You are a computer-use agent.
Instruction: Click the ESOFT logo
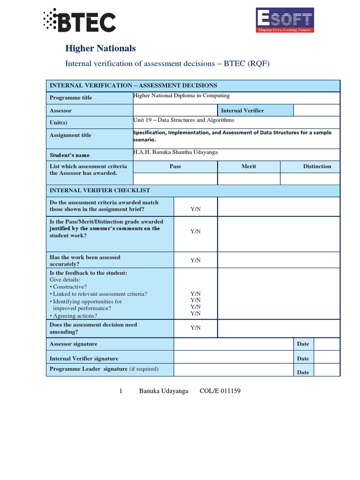coord(284,20)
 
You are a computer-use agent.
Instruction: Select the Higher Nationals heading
coord(100,48)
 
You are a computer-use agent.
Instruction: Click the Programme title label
coord(71,97)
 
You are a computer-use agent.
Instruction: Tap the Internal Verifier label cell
coord(242,111)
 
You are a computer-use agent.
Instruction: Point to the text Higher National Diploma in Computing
coord(181,96)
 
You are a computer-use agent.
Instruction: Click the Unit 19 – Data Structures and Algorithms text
coord(183,120)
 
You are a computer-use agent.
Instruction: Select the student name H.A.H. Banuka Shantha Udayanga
coord(175,152)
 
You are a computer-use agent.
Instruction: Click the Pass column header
coord(175,166)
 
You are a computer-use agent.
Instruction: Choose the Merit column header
coord(248,166)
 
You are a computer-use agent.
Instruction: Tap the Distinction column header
coord(317,166)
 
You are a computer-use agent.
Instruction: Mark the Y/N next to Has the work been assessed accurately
coord(195,260)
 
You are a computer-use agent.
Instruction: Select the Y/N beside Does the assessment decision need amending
coord(195,328)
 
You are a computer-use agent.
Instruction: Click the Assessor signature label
coord(74,344)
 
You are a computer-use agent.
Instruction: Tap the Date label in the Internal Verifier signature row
coord(303,359)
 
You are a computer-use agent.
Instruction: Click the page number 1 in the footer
coord(120,391)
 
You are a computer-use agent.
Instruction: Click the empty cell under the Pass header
coord(175,179)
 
